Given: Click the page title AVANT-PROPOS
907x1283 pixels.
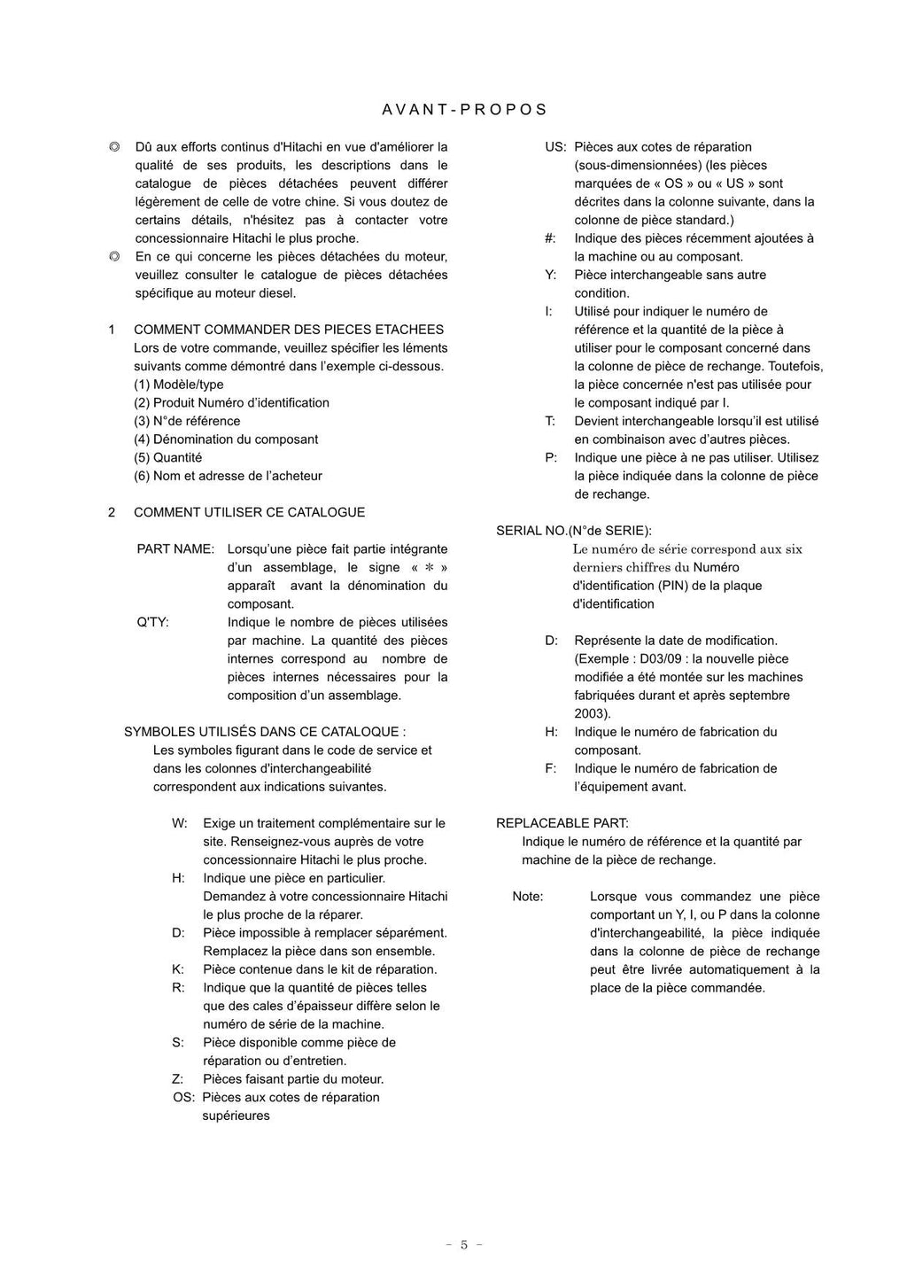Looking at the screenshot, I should pos(465,110).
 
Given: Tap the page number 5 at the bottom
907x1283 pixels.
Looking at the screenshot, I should pos(463,1245).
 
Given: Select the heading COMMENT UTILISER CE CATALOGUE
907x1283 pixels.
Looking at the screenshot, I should pos(249,512).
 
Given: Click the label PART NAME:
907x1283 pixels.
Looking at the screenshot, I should pos(175,549).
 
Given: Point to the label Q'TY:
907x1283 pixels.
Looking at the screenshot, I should pos(152,622).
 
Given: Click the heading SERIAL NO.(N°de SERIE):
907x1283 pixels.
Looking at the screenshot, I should pos(573,531).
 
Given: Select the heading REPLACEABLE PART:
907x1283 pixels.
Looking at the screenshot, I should pos(562,823).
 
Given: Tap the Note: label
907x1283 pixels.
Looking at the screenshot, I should pos(528,897).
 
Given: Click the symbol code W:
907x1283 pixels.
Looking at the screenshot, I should pos(180,823).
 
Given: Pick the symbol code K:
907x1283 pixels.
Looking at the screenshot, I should pos(178,969).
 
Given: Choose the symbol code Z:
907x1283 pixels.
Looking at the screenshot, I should pos(178,1079).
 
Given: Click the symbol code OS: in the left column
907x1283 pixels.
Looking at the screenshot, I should pos(184,1098).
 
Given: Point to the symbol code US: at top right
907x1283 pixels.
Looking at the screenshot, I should pos(555,147).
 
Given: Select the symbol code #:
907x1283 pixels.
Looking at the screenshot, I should pos(550,238).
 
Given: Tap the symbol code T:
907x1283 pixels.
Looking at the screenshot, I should pos(550,422).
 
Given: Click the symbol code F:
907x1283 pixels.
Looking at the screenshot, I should pos(550,769).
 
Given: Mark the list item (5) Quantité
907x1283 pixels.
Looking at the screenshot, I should pos(168,458).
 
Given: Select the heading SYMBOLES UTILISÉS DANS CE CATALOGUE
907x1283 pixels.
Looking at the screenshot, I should pos(264,732).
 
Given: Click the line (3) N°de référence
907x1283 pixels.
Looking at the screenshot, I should pos(187,422).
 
